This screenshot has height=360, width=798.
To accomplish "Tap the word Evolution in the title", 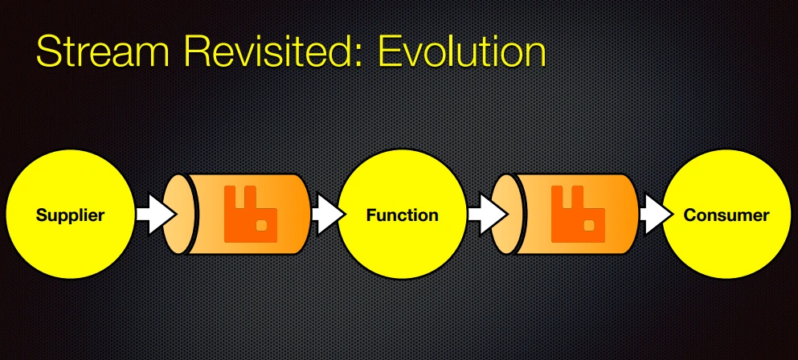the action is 463,51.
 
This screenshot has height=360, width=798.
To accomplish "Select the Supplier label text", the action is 70,215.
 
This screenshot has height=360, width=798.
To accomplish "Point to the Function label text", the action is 402,215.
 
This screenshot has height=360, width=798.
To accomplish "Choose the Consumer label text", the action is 726,215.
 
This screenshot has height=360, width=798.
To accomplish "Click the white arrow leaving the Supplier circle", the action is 156,215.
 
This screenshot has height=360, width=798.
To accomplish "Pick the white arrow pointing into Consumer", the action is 656,215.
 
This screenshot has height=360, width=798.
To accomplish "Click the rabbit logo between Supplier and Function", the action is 251,214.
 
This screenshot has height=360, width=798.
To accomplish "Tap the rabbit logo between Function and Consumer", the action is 578,214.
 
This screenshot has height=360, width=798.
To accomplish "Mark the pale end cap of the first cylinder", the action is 178,215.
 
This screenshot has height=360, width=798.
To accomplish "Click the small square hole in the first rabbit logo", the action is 263,224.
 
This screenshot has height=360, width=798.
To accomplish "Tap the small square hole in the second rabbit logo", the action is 590,224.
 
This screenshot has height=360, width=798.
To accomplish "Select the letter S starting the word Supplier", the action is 41,215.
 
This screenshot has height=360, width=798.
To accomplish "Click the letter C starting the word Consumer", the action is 690,215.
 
